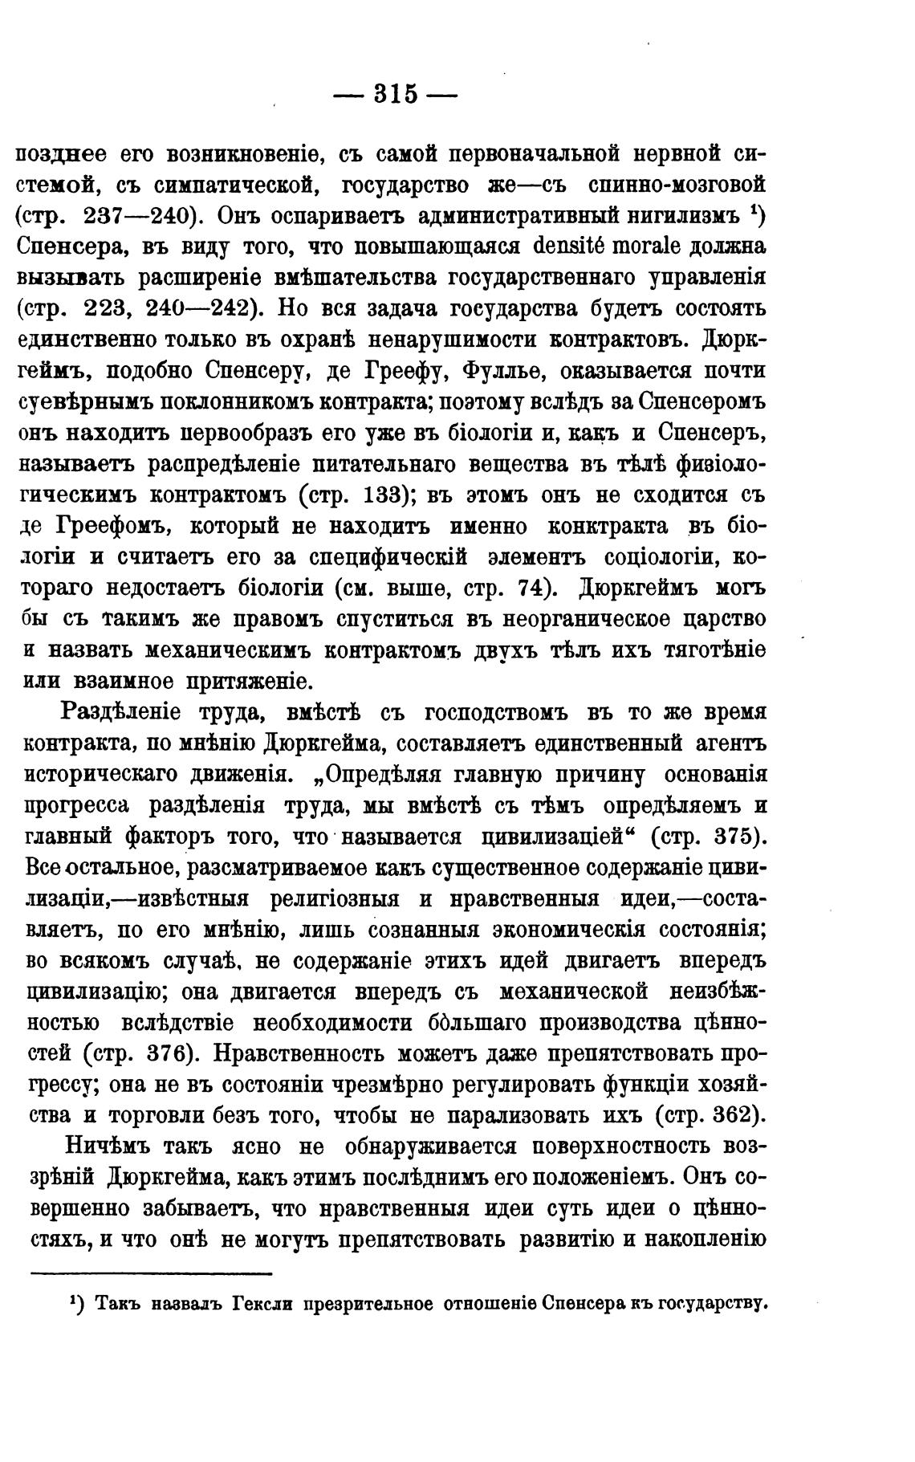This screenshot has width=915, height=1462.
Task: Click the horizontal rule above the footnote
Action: [x=152, y=1273]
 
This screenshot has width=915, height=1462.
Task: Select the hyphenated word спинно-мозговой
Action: [x=677, y=185]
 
